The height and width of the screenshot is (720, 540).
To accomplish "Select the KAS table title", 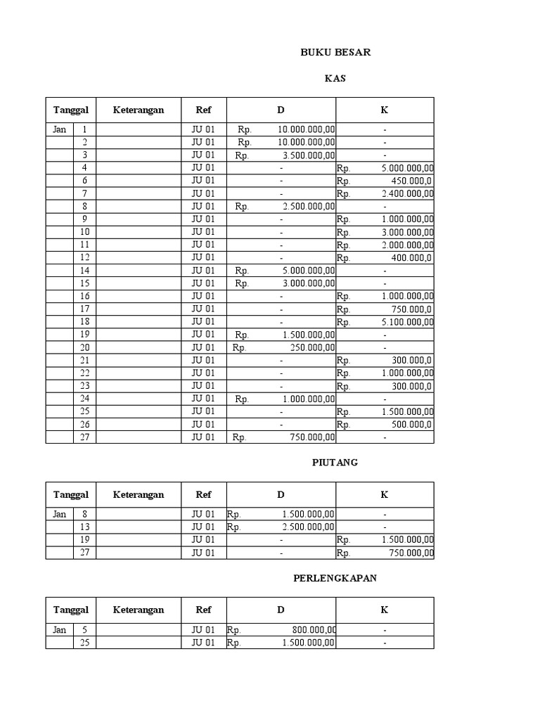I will [335, 79].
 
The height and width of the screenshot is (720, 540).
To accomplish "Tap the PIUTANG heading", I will [335, 462].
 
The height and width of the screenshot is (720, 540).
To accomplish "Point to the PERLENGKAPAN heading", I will [335, 577].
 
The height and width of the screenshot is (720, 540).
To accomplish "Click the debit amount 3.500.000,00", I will [307, 155].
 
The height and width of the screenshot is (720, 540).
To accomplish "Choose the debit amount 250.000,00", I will [313, 347].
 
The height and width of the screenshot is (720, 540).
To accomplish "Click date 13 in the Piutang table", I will [85, 527].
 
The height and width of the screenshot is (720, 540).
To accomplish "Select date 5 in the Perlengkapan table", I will [85, 630].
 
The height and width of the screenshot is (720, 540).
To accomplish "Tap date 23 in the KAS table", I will [85, 385].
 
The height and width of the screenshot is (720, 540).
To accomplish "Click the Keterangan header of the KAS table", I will [139, 110].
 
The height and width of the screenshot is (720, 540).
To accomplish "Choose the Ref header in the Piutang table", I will [203, 494].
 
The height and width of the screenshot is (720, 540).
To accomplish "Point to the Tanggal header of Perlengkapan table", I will [70, 610].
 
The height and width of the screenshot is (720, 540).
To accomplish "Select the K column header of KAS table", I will [385, 110].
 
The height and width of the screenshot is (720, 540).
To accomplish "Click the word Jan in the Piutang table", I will [59, 514].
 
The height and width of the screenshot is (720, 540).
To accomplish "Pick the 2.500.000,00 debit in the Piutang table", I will [307, 527].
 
